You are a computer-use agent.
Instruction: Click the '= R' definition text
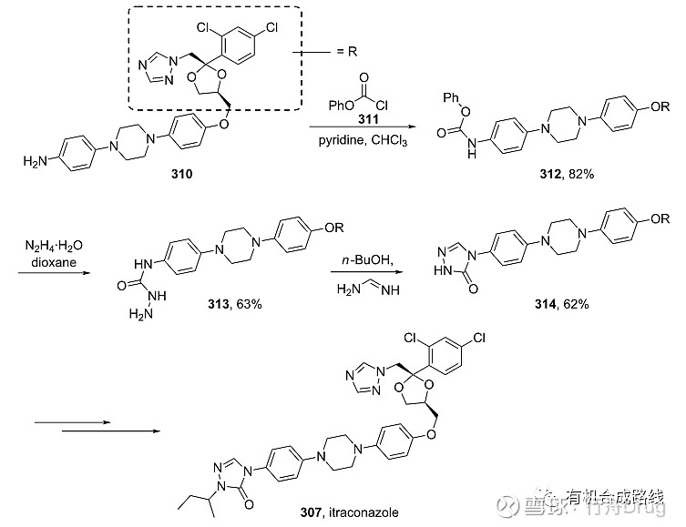tap(343, 53)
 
